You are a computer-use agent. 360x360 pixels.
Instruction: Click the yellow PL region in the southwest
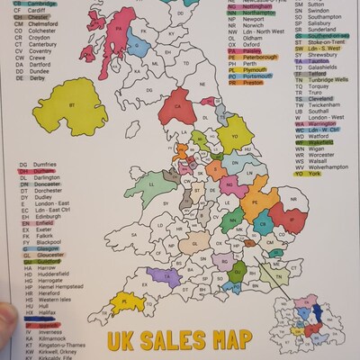tap(126, 301)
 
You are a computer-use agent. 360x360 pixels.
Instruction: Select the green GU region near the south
tap(238, 272)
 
